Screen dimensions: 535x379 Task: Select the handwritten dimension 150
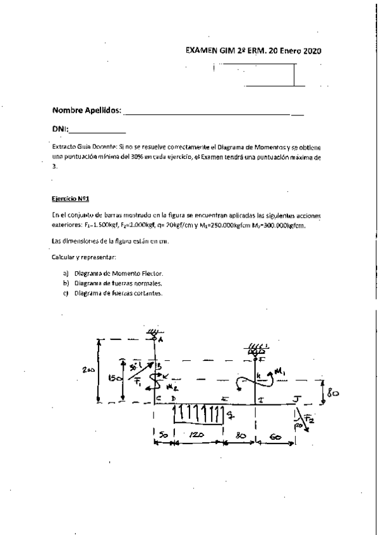[x=114, y=379]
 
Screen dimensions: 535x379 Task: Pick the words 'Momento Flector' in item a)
[x=136, y=274]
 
